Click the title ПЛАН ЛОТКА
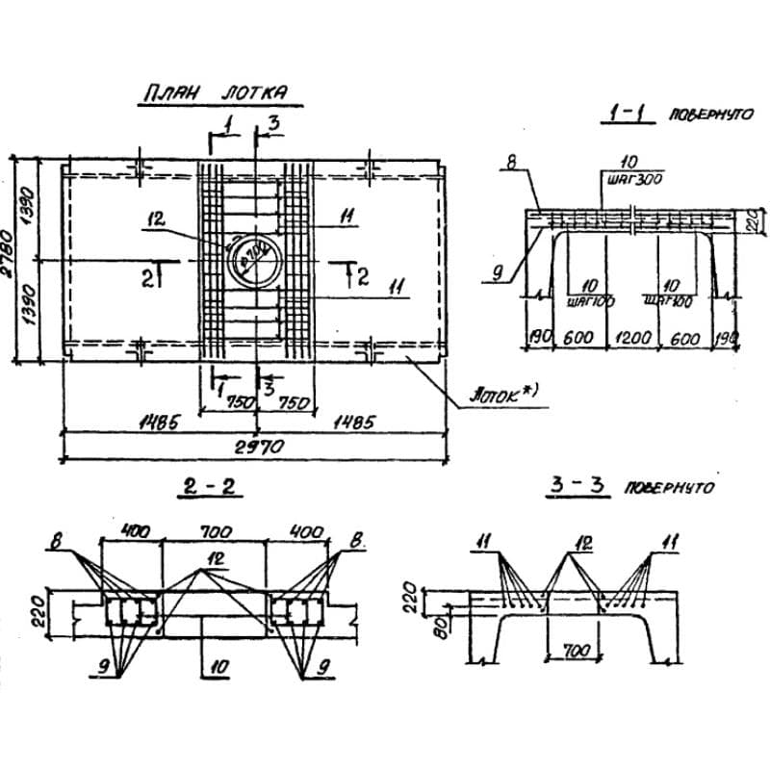pos(214,94)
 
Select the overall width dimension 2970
pos(256,448)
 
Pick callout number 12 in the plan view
pos(156,220)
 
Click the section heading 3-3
pos(575,488)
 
